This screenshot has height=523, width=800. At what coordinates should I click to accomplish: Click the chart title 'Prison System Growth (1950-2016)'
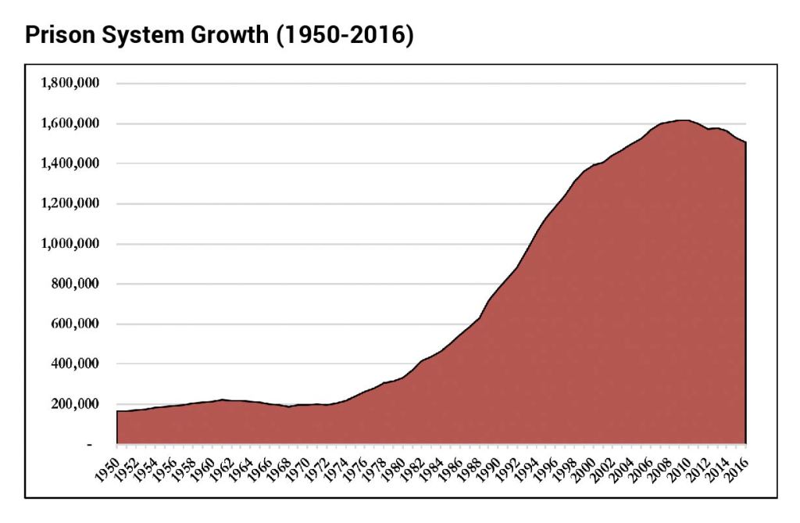(x=219, y=35)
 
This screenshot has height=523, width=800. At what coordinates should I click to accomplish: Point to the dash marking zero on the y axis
(x=90, y=444)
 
